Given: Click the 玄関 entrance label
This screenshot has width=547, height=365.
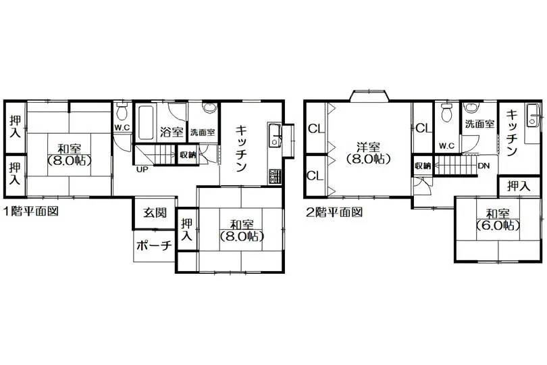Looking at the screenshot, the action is pos(155,213).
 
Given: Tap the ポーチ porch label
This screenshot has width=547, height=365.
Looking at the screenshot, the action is pos(154,246).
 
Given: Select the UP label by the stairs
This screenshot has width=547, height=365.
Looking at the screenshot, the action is pos(142,170).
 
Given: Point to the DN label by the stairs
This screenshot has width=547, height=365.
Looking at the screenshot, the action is pos(484,166).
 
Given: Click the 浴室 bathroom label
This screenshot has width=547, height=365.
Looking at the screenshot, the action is pos(172,132).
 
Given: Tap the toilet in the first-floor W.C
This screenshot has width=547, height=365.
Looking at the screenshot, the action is pos(122,111).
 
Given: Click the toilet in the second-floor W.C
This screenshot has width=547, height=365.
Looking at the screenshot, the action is pos(446,112).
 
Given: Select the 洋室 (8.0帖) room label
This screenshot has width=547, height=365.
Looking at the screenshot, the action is pos(369,153).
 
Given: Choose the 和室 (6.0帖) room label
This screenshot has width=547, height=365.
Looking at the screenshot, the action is pos(498,220).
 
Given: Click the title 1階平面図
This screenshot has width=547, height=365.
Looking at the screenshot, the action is pos(30,212).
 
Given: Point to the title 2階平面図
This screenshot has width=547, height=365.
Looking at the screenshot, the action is pos(334,212).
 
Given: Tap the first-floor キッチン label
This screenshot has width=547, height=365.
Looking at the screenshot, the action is pos(241,149).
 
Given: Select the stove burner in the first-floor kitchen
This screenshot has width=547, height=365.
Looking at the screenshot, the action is pos(275,176).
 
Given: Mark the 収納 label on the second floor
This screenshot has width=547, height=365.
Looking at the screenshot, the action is pos(423,166).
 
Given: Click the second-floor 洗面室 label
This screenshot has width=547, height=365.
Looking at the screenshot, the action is pos(480,124).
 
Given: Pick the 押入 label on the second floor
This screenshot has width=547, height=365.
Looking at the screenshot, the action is pos(519,186).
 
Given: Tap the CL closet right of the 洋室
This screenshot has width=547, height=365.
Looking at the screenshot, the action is pos(424,128).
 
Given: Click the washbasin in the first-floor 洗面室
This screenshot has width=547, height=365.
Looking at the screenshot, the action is pos(209,108).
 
